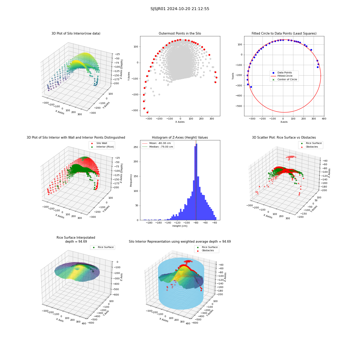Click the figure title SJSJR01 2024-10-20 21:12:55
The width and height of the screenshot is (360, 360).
click(180, 9)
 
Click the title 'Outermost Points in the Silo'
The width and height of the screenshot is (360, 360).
click(180, 33)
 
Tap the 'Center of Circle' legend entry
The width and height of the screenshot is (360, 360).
click(285, 80)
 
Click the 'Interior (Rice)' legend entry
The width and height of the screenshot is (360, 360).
click(102, 147)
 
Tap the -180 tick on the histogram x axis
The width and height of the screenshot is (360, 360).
click(149, 222)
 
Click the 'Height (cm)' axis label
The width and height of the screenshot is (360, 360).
click(180, 226)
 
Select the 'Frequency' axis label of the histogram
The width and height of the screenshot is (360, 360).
click(131, 180)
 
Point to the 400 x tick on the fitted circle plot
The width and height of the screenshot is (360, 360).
click(324, 119)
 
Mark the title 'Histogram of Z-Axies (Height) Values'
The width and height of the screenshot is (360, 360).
click(180, 138)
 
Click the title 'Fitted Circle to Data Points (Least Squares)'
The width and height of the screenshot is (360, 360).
click(284, 33)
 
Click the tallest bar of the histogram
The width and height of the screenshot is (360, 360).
click(196, 182)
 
